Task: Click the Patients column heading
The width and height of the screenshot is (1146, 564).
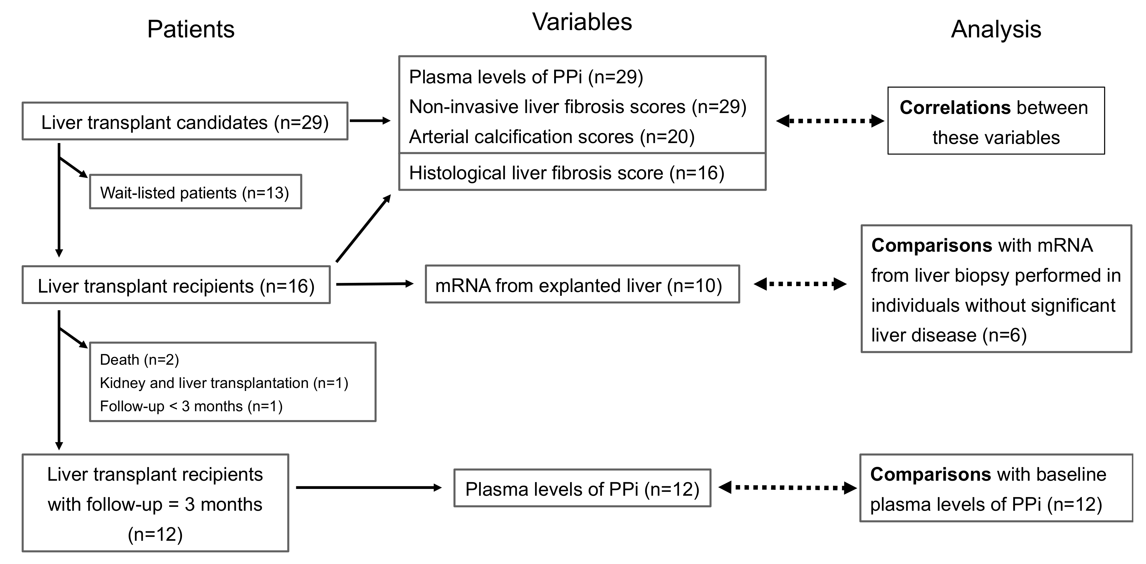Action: pyautogui.click(x=191, y=30)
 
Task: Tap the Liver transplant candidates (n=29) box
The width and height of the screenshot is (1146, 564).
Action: pyautogui.click(x=185, y=122)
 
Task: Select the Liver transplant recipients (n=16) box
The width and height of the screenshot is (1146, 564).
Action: pyautogui.click(x=176, y=286)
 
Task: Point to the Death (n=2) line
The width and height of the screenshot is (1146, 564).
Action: pyautogui.click(x=139, y=359)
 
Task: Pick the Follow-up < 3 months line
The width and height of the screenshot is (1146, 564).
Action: pyautogui.click(x=191, y=406)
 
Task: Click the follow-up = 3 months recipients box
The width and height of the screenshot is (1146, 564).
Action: pyautogui.click(x=155, y=503)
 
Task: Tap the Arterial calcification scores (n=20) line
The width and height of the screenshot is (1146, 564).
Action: pyautogui.click(x=552, y=137)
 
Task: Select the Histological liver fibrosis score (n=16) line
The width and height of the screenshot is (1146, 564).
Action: pyautogui.click(x=566, y=172)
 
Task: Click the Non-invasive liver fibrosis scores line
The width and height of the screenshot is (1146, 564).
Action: pyautogui.click(x=577, y=107)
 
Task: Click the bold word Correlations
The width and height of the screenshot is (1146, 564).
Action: pyautogui.click(x=954, y=108)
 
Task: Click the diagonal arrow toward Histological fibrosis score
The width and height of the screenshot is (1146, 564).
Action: pyautogui.click(x=363, y=229)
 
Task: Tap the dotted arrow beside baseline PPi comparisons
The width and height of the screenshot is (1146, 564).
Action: pyautogui.click(x=787, y=487)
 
